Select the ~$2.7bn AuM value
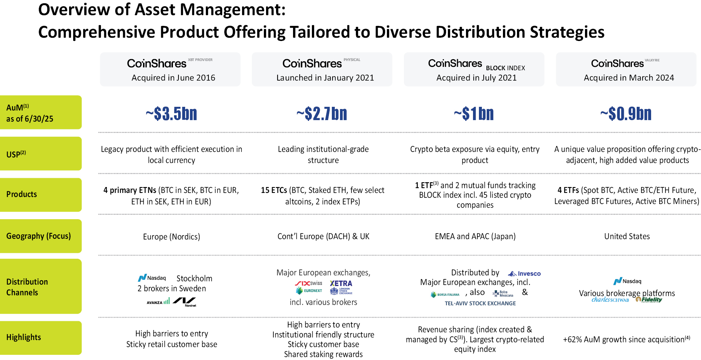tap(322, 114)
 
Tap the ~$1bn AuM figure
tap(474, 114)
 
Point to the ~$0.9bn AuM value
tap(626, 114)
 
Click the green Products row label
tap(41, 194)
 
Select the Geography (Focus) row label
tap(41, 236)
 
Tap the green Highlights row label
tap(41, 337)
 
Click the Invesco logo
tap(524, 274)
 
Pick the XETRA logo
tap(341, 283)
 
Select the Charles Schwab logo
tap(610, 300)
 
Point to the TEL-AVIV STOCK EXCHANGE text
tap(480, 303)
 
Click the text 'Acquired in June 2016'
tap(173, 78)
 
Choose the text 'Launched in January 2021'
tap(325, 78)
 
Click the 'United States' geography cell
tap(627, 237)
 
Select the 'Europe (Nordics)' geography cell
tap(171, 237)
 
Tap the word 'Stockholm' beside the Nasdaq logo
tap(194, 278)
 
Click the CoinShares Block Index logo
tap(476, 64)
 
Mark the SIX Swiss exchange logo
tap(309, 283)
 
